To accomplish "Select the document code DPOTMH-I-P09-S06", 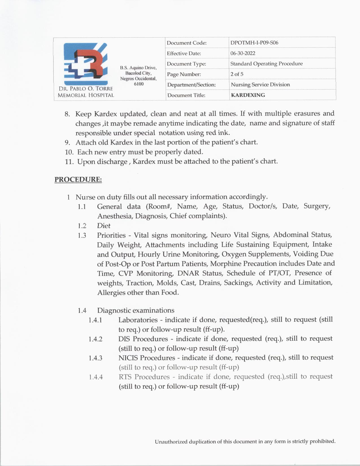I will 254,43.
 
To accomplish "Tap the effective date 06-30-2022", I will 243,53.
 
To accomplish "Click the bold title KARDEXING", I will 248,95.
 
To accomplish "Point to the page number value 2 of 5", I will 237,74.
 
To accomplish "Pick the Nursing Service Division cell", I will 260,84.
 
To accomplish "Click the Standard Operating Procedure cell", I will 266,64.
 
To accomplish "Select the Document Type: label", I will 186,64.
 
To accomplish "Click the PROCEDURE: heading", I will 78,179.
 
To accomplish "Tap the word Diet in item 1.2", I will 104,226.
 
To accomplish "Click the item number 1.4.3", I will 95,358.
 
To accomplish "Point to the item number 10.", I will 69,152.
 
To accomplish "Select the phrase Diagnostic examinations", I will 136,310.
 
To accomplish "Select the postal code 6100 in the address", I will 139,84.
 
